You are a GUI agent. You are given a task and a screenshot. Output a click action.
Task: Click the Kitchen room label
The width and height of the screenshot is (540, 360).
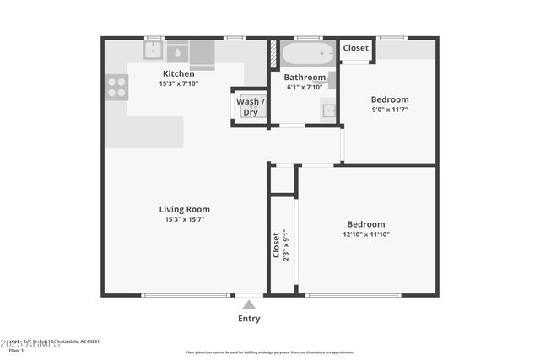[x=178, y=74]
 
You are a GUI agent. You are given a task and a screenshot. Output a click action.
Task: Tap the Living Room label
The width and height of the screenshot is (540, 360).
[x=185, y=209]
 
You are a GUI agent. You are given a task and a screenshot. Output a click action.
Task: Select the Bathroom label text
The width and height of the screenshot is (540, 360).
[x=305, y=78]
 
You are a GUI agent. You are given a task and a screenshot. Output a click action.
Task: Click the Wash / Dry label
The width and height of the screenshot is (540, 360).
[x=250, y=107]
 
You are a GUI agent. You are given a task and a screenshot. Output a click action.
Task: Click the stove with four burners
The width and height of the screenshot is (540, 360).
[x=116, y=87]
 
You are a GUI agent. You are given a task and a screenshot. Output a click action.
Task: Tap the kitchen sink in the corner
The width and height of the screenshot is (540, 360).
[x=153, y=52]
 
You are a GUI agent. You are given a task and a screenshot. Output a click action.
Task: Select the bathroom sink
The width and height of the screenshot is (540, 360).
[x=328, y=110]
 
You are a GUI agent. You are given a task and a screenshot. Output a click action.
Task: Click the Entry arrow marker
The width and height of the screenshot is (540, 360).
[x=249, y=304]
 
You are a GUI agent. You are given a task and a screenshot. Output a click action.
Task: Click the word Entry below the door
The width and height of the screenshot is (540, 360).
[x=249, y=319]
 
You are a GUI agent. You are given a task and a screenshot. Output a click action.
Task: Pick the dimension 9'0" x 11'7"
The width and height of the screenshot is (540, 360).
[x=389, y=110]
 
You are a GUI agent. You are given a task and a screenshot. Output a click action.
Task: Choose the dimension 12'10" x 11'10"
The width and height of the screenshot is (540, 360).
[x=365, y=234]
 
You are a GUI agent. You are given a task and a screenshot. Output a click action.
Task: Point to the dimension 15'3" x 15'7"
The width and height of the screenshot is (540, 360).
[x=185, y=219]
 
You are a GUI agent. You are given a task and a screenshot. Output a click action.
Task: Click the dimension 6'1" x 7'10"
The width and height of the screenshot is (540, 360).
[x=305, y=87]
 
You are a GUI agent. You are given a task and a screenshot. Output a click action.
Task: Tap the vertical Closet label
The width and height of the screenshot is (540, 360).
[x=276, y=245]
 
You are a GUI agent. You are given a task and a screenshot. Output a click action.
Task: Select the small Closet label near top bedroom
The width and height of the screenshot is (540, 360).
[x=356, y=48]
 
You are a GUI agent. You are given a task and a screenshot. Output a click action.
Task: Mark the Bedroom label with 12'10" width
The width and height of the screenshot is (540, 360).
[x=365, y=224]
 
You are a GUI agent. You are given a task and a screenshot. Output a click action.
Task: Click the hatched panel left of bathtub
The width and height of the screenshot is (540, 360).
[x=273, y=54]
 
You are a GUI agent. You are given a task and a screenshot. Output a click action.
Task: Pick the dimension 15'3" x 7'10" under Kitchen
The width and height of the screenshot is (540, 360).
[x=178, y=84]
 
